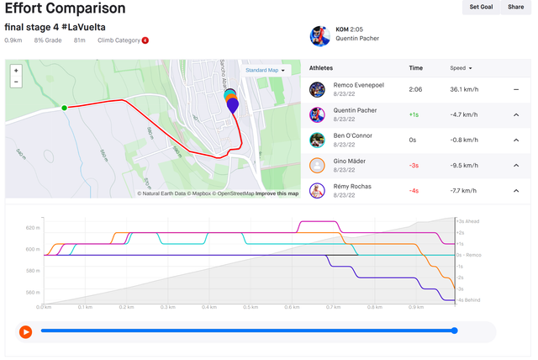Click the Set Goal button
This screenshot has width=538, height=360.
pyautogui.click(x=481, y=7)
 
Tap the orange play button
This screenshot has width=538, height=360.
pyautogui.click(x=25, y=331)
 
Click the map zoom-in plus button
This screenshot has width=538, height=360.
pyautogui.click(x=16, y=71)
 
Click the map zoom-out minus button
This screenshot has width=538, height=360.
pyautogui.click(x=16, y=82)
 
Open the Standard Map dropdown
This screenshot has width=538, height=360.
pyautogui.click(x=266, y=70)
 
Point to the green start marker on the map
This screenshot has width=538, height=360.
pyautogui.click(x=64, y=107)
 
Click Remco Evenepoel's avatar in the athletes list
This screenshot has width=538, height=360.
pyautogui.click(x=317, y=89)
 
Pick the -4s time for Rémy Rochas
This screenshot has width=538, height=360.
pyautogui.click(x=414, y=190)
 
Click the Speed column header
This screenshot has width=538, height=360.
pyautogui.click(x=461, y=67)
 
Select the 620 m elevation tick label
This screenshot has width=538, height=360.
pyautogui.click(x=32, y=228)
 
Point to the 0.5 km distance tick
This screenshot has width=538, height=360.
pyautogui.click(x=250, y=307)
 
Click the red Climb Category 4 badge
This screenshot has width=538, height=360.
pyautogui.click(x=145, y=40)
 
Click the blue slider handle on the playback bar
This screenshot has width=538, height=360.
pyautogui.click(x=455, y=331)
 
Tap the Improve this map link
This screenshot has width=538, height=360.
pyautogui.click(x=277, y=193)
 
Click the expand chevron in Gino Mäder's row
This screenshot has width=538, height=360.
pyautogui.click(x=516, y=165)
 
